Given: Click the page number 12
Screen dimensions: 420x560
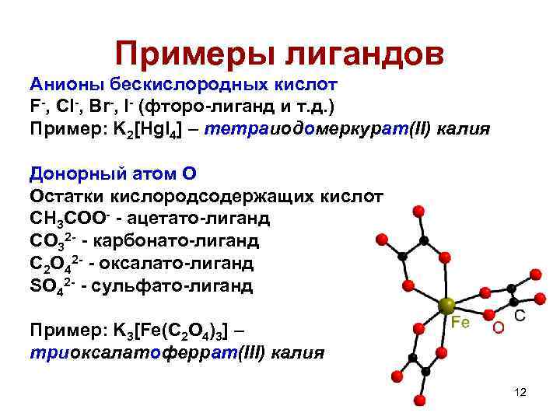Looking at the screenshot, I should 520,392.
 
